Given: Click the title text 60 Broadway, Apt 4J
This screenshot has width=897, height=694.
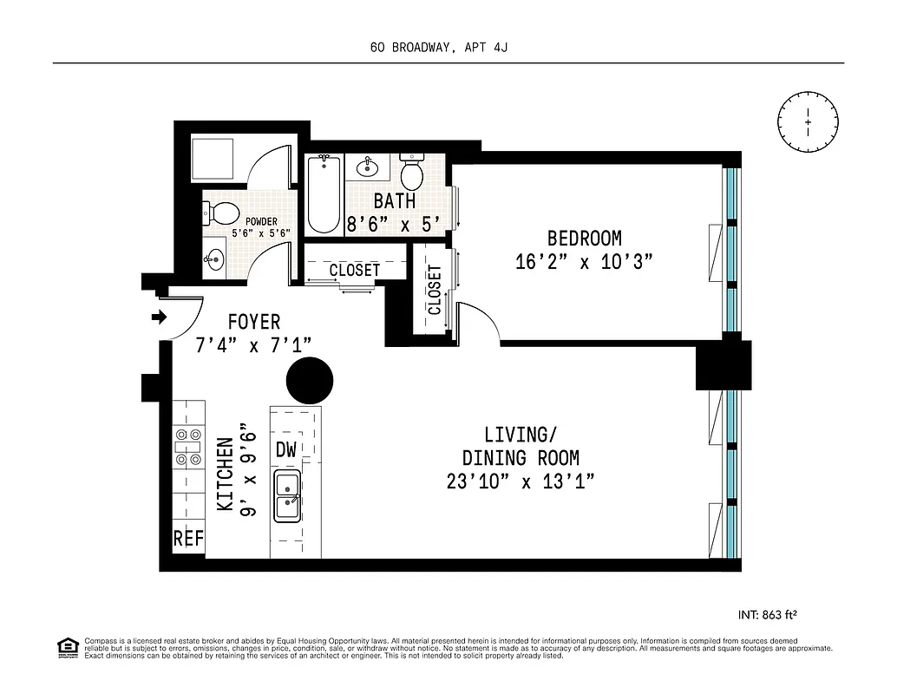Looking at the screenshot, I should [x=438, y=47].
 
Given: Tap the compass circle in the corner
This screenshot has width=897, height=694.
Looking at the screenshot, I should [x=808, y=122].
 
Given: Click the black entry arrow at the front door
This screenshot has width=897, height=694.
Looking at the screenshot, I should [x=159, y=317].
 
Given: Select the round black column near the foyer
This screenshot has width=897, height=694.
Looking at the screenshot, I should [x=310, y=379].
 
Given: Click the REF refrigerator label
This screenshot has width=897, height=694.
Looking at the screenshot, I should [x=188, y=539].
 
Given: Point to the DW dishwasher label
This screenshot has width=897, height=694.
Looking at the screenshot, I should [x=286, y=450].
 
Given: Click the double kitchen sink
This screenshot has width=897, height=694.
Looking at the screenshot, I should [x=287, y=495].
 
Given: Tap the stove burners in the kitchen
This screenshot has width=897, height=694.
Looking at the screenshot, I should [x=188, y=448].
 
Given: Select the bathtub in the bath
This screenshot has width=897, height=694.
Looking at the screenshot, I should [x=324, y=194].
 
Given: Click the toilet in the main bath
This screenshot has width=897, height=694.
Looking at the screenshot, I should [x=411, y=173].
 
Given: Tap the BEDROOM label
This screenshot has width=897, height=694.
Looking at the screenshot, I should [x=584, y=238].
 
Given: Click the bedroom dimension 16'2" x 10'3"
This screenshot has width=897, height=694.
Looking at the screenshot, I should [x=583, y=261].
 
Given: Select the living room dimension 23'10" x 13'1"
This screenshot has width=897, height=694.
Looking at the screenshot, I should [x=520, y=482].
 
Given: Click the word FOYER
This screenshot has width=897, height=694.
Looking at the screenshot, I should [x=253, y=323].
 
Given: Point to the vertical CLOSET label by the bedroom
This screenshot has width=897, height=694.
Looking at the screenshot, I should [x=434, y=289].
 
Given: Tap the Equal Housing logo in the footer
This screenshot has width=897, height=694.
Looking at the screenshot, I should [x=67, y=646].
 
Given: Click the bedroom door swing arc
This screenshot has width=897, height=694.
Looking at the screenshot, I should [x=482, y=320].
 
